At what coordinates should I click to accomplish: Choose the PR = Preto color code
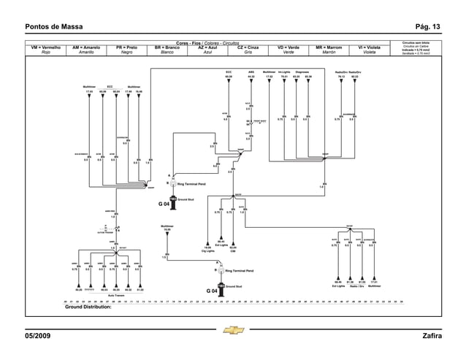[126, 47]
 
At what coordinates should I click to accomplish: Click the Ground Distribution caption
[88, 308]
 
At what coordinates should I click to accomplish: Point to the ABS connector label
[251, 72]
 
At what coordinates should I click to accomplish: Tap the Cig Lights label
[208, 250]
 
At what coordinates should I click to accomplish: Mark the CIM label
[232, 250]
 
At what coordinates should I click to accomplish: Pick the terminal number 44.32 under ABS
[251, 76]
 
